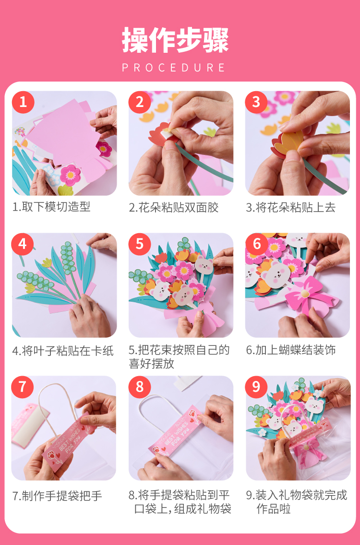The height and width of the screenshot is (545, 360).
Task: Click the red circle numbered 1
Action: click(x=23, y=102)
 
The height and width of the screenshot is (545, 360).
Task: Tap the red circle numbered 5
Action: click(x=140, y=244)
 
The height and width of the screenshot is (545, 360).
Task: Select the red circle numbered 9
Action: click(x=256, y=387)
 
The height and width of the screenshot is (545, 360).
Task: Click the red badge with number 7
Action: click(x=23, y=387)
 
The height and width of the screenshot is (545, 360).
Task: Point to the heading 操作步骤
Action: click(x=175, y=40)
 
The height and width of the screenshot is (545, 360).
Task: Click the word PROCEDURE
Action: click(x=173, y=68)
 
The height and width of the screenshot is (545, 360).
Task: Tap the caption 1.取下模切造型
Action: click(x=51, y=207)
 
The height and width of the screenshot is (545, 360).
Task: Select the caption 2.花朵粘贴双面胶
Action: click(x=174, y=208)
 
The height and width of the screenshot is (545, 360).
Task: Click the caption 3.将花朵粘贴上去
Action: click(x=291, y=208)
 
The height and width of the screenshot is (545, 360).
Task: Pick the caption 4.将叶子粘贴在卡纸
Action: click(x=63, y=351)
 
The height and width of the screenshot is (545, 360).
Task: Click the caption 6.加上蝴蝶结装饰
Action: click(x=291, y=350)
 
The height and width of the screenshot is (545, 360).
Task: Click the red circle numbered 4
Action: click(x=23, y=244)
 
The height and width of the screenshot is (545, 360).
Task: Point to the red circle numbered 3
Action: click(x=256, y=102)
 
